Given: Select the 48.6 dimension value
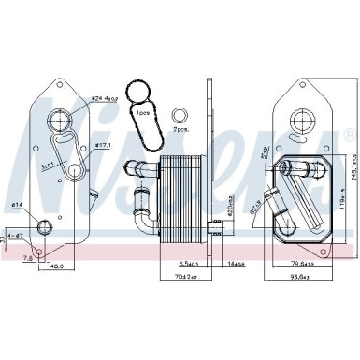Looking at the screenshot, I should pyautogui.click(x=58, y=266).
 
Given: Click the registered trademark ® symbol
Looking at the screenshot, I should pyautogui.click(x=349, y=137).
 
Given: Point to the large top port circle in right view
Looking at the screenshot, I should pyautogui.click(x=302, y=121).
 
